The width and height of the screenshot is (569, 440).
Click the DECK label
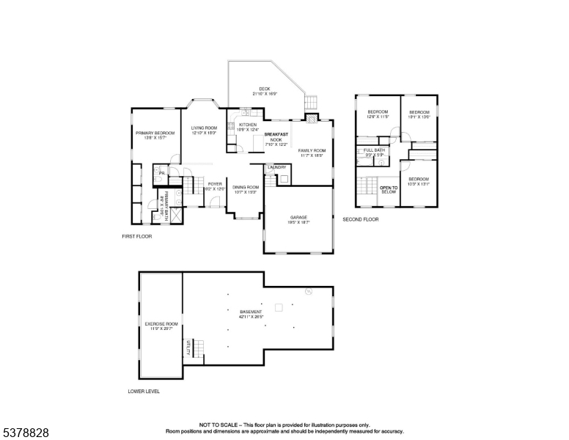click(x=264, y=89)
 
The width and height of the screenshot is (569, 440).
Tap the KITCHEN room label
click(x=247, y=125)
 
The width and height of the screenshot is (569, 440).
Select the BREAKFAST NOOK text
click(x=276, y=137)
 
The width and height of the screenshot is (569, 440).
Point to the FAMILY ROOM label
click(x=311, y=150)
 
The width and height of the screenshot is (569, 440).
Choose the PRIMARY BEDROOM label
click(x=155, y=133)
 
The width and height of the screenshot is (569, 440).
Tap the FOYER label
click(x=215, y=183)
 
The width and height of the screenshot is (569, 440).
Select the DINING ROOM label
click(x=245, y=188)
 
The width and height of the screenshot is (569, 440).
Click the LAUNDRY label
click(x=276, y=167)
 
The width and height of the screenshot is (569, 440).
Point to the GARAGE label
click(x=298, y=217)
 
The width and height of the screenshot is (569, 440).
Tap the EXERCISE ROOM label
click(x=161, y=323)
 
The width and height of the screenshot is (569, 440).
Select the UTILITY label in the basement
click(x=188, y=348)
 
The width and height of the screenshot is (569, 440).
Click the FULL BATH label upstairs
click(x=374, y=150)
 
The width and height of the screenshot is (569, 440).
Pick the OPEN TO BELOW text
click(x=388, y=189)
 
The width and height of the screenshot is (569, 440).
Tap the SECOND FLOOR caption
click(x=361, y=219)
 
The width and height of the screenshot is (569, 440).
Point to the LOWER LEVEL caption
click(x=144, y=391)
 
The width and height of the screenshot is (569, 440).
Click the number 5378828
click(x=26, y=433)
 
